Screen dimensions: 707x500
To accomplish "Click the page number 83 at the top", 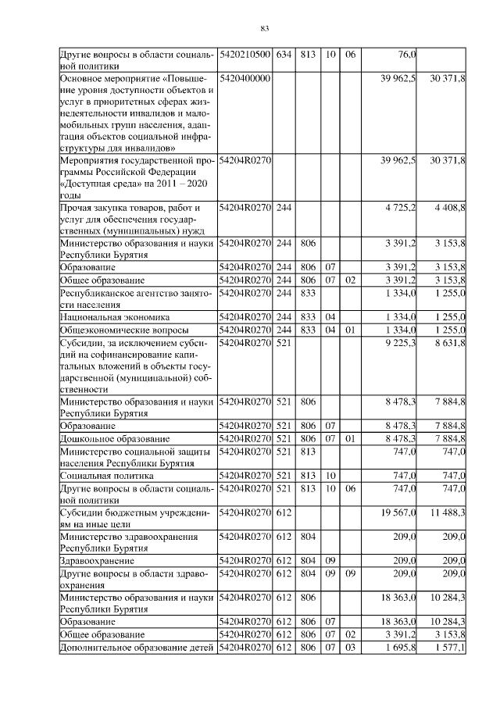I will point(264,30).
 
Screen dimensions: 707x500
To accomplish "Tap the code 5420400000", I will point(245,79).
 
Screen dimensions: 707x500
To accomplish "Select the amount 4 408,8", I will point(448,208).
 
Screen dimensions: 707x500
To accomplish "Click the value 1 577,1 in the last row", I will point(448,648).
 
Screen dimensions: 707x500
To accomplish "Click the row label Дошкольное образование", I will point(114,439).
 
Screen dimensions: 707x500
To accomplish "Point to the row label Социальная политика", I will point(106,476).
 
